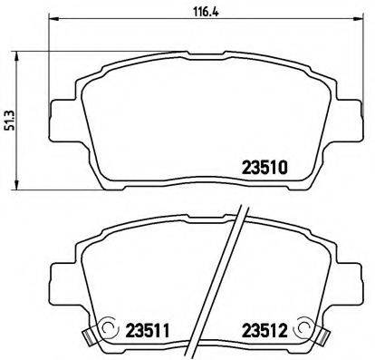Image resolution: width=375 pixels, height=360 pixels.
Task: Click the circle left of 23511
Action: [x=111, y=329]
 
